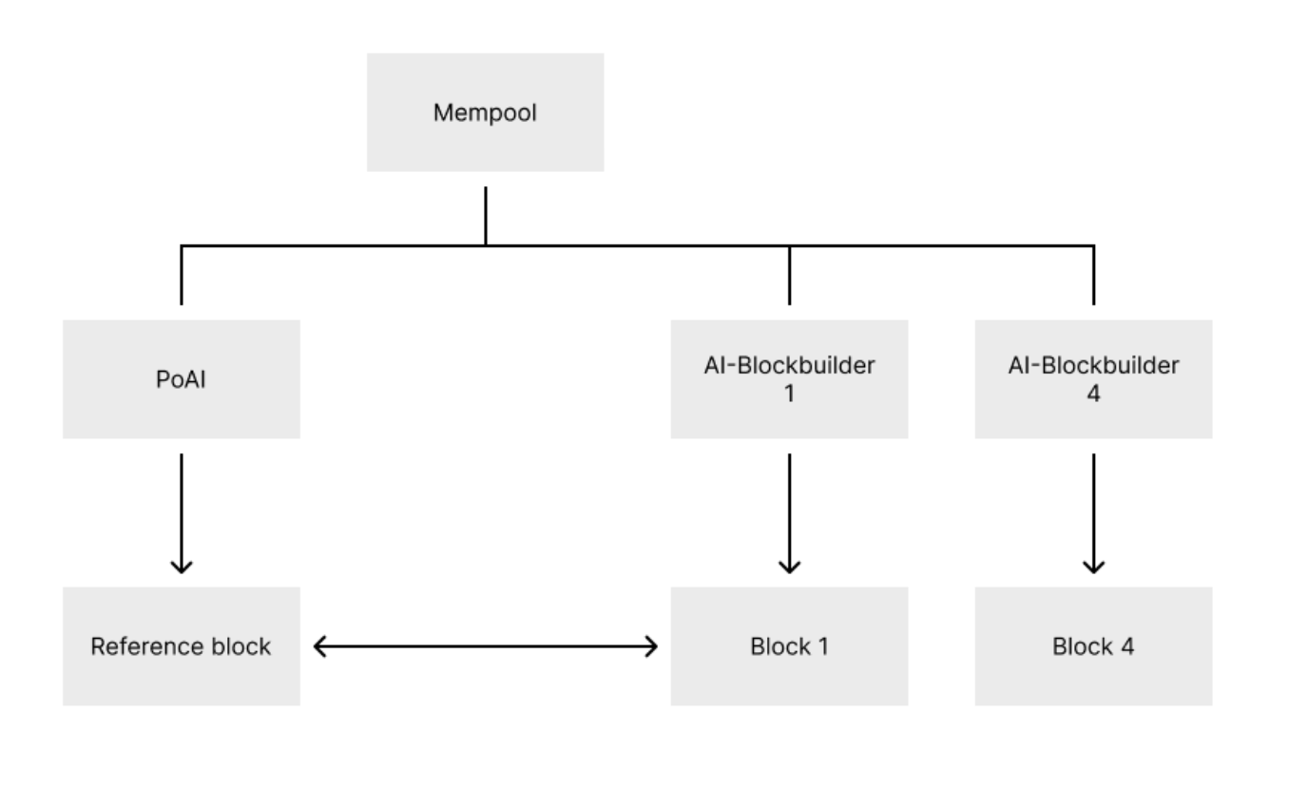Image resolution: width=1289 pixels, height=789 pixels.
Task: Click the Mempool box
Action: tap(485, 112)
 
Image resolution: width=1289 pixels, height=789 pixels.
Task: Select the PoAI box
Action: tap(181, 378)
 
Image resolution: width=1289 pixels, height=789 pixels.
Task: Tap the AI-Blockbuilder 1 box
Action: tap(789, 378)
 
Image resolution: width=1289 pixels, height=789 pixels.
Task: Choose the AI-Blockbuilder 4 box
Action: tap(1093, 378)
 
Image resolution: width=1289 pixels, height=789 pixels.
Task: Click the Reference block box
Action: tap(181, 646)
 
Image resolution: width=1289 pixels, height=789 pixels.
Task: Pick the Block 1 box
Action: tap(789, 646)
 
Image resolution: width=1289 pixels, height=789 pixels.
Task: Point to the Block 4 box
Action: tap(1093, 646)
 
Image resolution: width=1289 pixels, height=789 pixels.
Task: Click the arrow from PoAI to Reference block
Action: tap(181, 513)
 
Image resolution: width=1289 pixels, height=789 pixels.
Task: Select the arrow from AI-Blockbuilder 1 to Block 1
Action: tap(789, 513)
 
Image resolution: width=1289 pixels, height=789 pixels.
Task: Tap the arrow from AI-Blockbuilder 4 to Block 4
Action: tap(1093, 513)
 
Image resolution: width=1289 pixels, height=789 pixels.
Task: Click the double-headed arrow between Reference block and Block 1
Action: tap(485, 647)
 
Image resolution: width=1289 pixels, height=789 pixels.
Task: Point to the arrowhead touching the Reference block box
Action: tap(321, 647)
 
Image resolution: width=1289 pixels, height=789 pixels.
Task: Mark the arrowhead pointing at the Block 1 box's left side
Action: tap(650, 647)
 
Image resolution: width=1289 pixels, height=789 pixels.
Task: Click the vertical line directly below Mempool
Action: tap(486, 216)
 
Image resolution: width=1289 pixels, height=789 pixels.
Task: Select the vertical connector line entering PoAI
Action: tap(181, 276)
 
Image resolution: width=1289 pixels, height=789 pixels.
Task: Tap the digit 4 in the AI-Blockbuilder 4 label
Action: tap(1093, 393)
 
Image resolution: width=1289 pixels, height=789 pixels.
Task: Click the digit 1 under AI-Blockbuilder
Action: tap(789, 393)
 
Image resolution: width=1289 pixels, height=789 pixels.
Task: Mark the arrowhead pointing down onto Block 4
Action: tap(1093, 567)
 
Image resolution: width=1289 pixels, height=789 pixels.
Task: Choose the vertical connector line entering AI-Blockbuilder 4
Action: tap(1093, 276)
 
